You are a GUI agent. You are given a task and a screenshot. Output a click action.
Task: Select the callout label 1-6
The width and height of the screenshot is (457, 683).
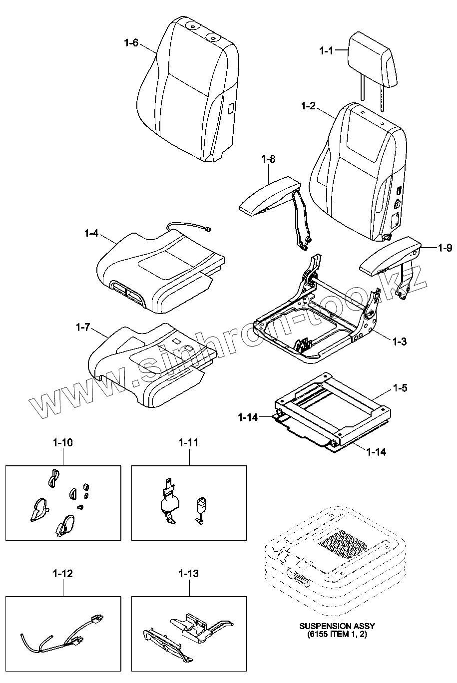click(x=131, y=43)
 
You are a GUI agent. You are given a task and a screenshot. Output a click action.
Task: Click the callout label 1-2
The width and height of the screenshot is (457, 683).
click(x=308, y=106)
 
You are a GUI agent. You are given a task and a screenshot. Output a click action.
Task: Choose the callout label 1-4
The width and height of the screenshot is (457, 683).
click(x=91, y=233)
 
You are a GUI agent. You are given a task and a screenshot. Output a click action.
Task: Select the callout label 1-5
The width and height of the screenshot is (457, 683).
click(x=400, y=387)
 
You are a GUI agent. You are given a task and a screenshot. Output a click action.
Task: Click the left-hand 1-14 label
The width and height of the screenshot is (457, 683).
click(x=248, y=417)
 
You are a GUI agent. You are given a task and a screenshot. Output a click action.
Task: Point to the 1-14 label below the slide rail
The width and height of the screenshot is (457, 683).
click(x=376, y=452)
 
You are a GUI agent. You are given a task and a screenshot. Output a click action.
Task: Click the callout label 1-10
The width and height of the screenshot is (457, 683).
click(x=63, y=442)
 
